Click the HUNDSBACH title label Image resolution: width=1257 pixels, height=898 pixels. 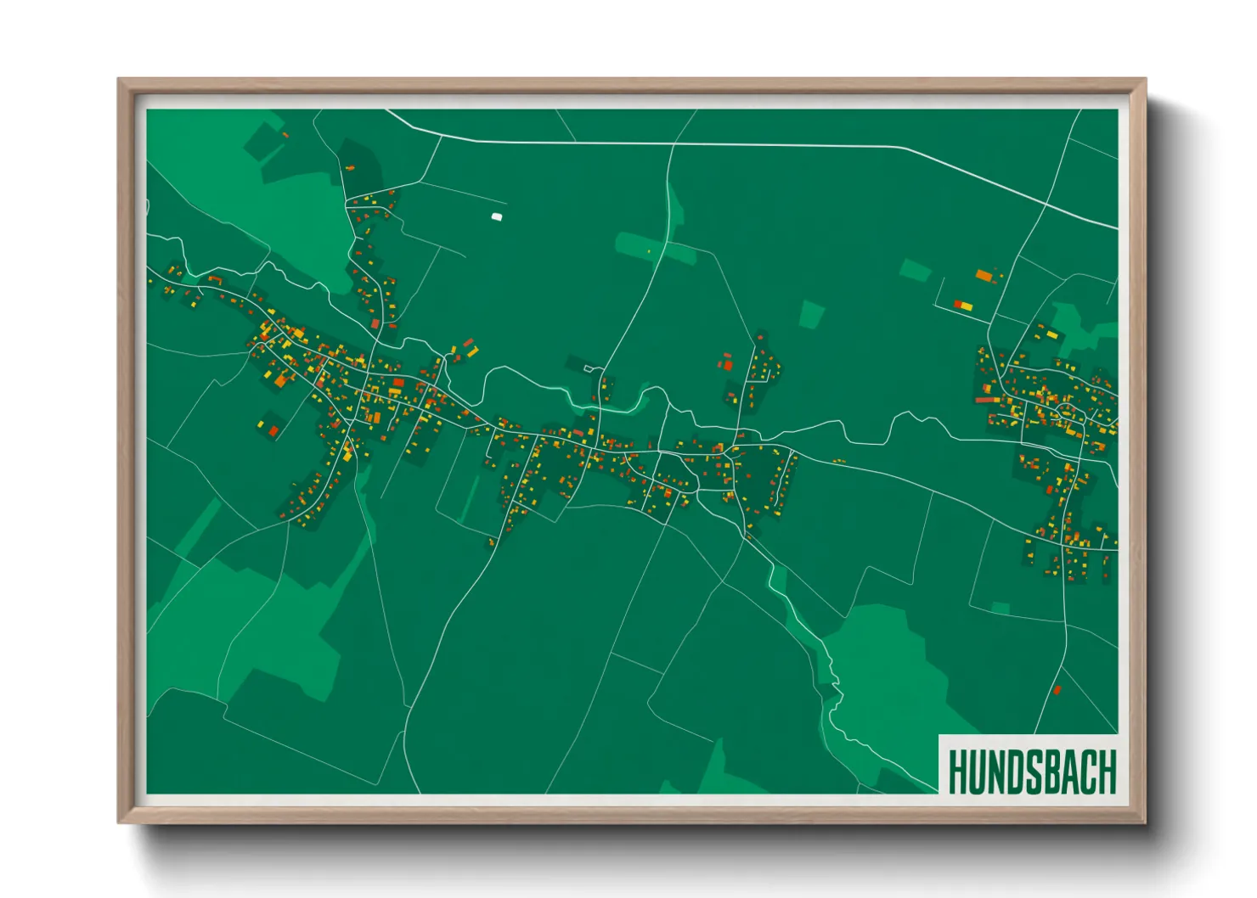coord(1031,772)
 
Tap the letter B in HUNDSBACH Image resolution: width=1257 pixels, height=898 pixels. coord(1051,772)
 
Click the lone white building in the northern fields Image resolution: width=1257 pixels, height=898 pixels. coord(497,216)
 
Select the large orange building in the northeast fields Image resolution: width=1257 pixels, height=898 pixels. coord(984,275)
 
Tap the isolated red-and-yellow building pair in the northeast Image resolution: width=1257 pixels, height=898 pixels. coord(963,305)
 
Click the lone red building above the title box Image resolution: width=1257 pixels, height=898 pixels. coord(1057,690)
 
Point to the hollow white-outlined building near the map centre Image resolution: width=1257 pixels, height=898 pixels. coord(589,368)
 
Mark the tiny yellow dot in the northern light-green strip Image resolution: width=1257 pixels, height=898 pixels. coord(649,251)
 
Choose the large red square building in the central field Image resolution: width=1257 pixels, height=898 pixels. coord(727,365)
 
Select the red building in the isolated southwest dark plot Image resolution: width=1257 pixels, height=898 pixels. coord(273,431)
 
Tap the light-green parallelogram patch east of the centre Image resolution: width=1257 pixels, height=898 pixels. coord(812,314)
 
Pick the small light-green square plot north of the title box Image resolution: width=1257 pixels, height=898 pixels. coord(1001,608)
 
